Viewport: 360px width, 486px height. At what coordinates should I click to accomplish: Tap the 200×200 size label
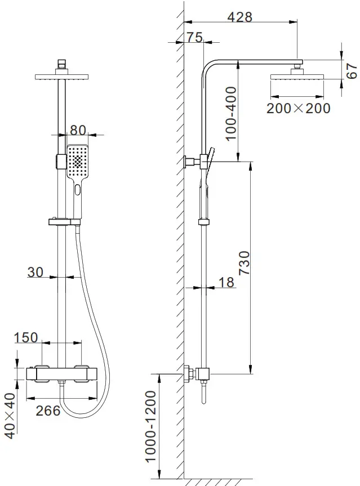[298, 108]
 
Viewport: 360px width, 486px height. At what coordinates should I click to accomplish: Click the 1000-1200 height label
[149, 426]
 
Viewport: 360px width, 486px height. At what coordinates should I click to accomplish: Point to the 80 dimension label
[78, 130]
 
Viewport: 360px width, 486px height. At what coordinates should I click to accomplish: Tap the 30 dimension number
[35, 272]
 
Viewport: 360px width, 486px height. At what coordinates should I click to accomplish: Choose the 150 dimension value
[26, 337]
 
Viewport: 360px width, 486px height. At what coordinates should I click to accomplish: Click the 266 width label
[48, 411]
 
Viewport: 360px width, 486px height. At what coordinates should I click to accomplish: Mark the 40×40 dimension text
[10, 413]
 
